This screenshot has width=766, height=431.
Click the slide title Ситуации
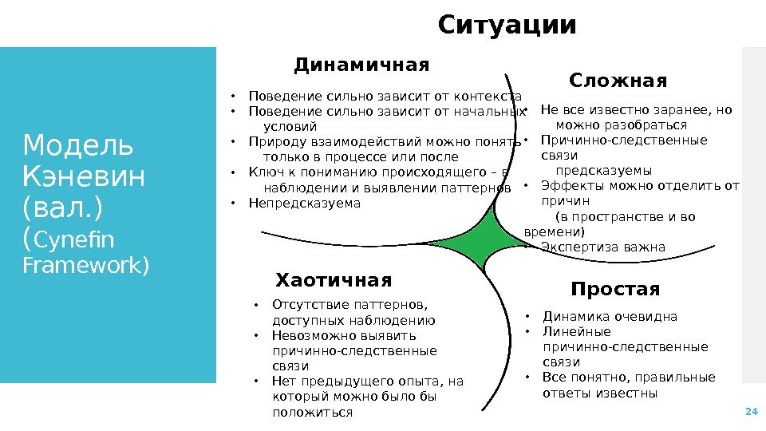tap(507, 26)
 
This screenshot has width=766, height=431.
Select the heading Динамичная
tap(361, 65)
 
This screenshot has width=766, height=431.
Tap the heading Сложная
tap(618, 81)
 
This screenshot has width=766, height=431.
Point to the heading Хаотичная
tap(334, 280)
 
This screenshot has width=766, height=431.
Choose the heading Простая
tap(615, 289)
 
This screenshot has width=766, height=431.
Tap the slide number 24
tap(750, 412)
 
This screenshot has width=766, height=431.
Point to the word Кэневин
tap(85, 176)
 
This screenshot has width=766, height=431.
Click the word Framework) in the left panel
tap(85, 265)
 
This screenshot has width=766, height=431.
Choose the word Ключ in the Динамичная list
tap(263, 172)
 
